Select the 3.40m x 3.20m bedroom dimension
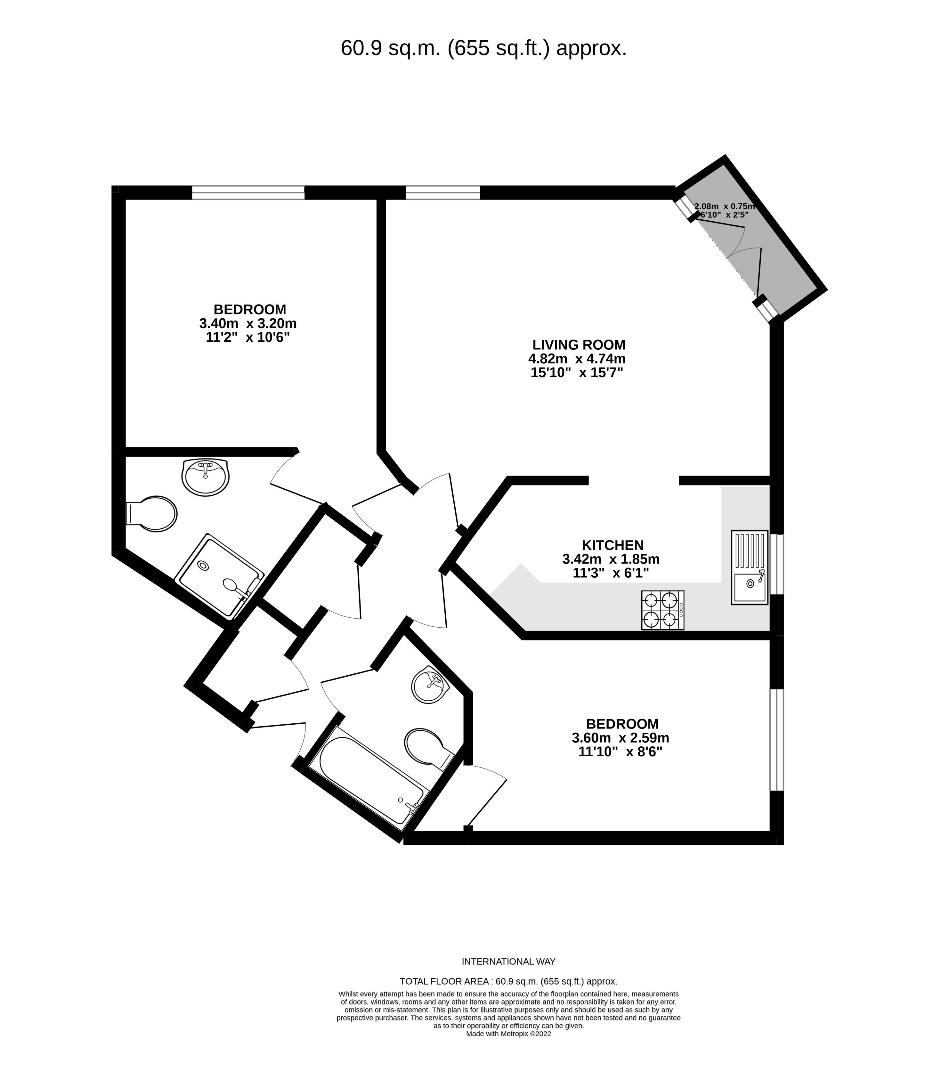[248, 323]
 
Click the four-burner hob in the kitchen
[663, 610]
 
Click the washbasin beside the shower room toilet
[206, 476]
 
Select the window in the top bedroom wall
[248, 192]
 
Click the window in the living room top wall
[443, 192]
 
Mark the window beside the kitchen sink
[777, 565]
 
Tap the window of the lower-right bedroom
[777, 740]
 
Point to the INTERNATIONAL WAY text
[508, 962]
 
